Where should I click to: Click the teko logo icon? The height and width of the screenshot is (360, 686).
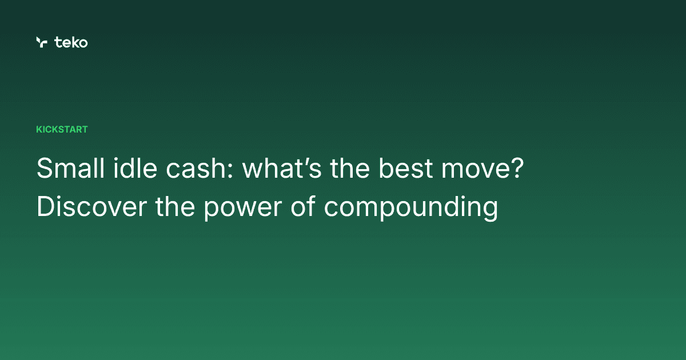click(x=41, y=42)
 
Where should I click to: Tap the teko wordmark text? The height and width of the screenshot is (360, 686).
click(x=71, y=42)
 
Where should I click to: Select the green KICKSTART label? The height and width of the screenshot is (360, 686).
click(x=62, y=130)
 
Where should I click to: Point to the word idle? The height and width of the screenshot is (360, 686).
click(x=117, y=170)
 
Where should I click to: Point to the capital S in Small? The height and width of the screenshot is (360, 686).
click(x=44, y=170)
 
